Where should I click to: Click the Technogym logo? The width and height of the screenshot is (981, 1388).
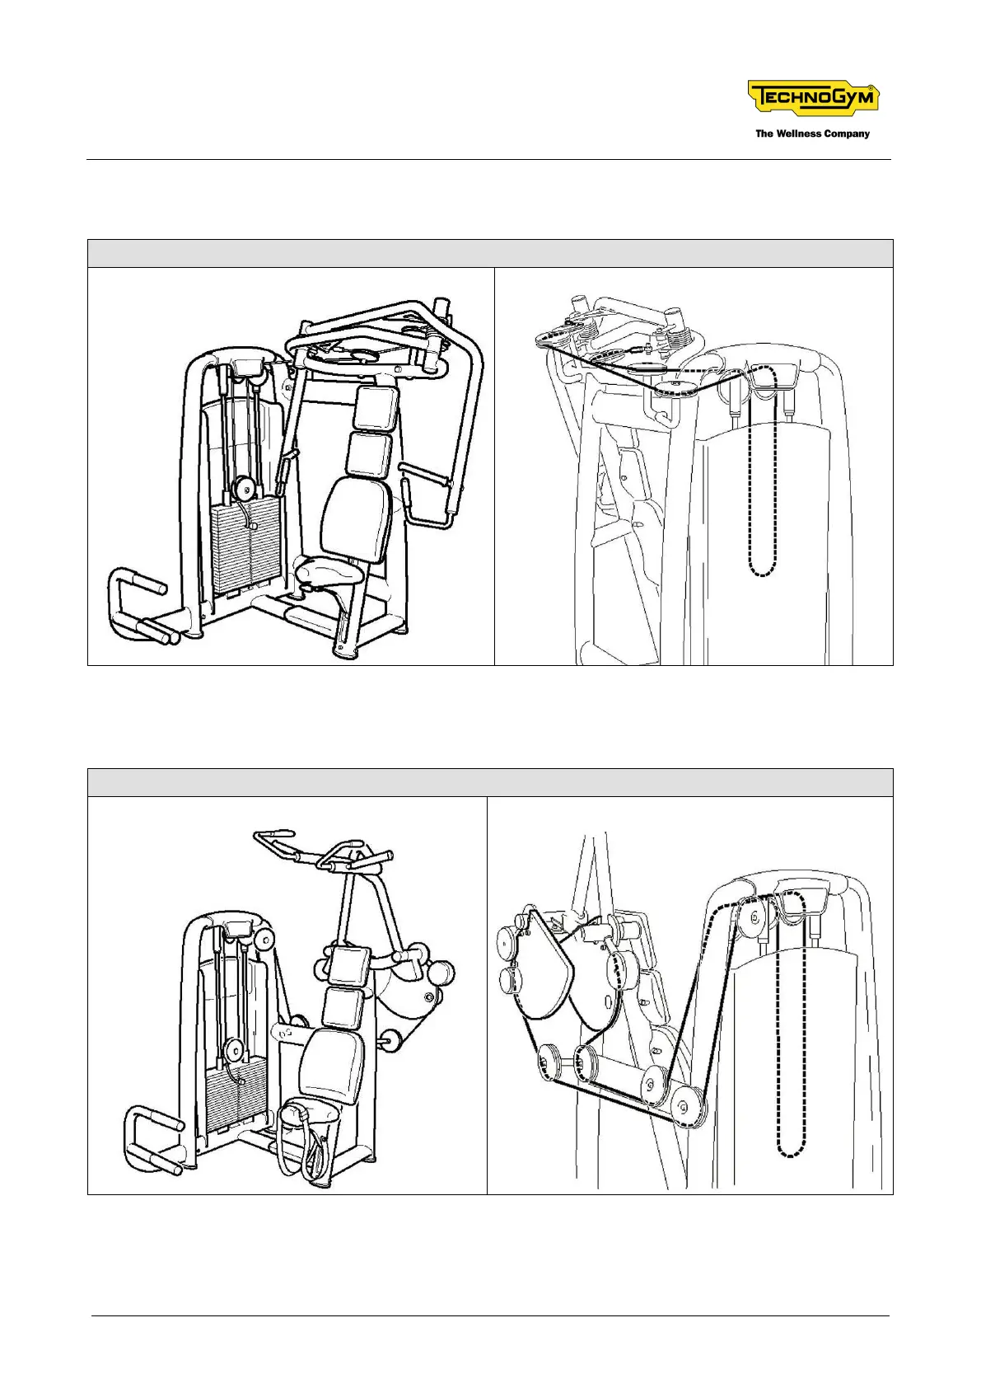click(x=813, y=97)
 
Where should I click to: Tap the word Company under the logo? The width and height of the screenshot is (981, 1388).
click(x=846, y=134)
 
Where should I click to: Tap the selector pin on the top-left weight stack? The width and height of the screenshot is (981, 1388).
click(x=253, y=525)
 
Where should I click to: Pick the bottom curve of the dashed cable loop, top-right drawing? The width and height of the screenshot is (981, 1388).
click(x=763, y=572)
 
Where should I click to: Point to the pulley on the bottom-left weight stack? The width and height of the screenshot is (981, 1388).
click(x=233, y=1050)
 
